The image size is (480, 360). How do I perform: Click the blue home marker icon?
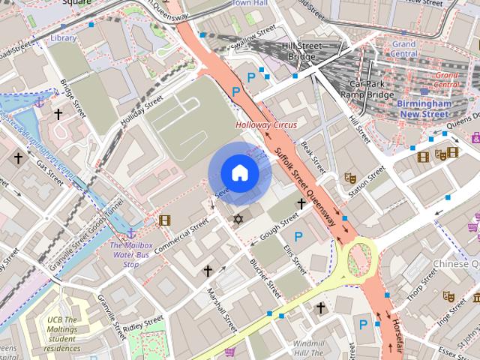pyautogui.click(x=239, y=173)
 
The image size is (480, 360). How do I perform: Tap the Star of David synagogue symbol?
pyautogui.click(x=238, y=219)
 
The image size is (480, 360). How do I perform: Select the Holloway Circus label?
pyautogui.click(x=266, y=124)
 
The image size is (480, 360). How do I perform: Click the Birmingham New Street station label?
pyautogui.click(x=424, y=107)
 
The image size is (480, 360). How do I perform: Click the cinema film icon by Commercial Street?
pyautogui.click(x=164, y=220)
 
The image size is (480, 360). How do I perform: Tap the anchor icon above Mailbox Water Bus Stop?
pyautogui.click(x=131, y=234)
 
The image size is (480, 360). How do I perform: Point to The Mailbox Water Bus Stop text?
pyautogui.click(x=131, y=255)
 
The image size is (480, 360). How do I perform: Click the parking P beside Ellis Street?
pyautogui.click(x=298, y=237)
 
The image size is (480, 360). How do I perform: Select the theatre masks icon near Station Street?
pyautogui.click(x=349, y=178)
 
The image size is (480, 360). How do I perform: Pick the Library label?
pyautogui.click(x=64, y=37)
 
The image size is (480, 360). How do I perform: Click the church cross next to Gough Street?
pyautogui.click(x=301, y=203)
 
